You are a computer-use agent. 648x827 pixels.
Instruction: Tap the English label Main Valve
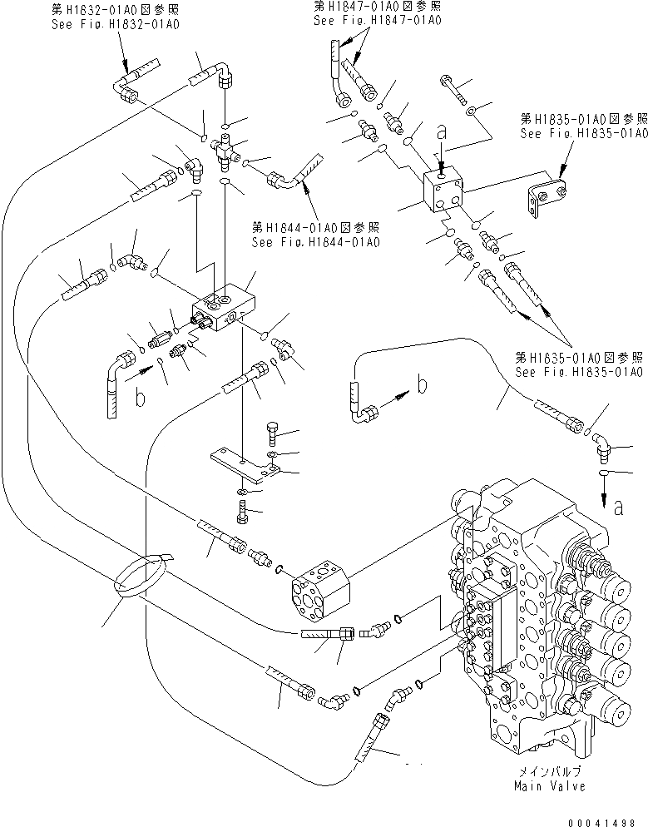(x=550, y=785)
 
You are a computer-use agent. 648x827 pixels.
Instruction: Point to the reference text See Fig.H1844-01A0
(x=315, y=242)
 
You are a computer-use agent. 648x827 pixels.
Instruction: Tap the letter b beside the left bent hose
(x=141, y=397)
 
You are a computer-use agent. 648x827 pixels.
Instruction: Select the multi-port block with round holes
(x=319, y=592)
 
